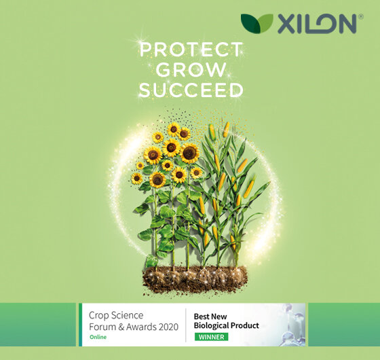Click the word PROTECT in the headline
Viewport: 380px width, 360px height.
[191, 50]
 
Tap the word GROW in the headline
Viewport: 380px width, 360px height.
[191, 70]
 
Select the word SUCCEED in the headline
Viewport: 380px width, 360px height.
[191, 90]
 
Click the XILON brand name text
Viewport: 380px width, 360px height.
[318, 24]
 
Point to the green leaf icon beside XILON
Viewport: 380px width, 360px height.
[257, 23]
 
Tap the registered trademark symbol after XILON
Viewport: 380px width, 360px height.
[360, 16]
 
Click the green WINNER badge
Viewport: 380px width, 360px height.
[211, 337]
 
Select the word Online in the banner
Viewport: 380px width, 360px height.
[98, 337]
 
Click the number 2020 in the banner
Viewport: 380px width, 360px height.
[168, 327]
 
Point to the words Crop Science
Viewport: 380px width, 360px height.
[116, 315]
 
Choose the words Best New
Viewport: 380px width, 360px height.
[210, 317]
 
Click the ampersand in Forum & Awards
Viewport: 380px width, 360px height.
[121, 327]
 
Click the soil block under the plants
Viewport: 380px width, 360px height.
[195, 280]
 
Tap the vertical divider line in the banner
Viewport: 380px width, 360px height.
[186, 325]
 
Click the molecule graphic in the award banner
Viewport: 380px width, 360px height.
[292, 325]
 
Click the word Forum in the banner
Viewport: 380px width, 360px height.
[102, 327]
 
